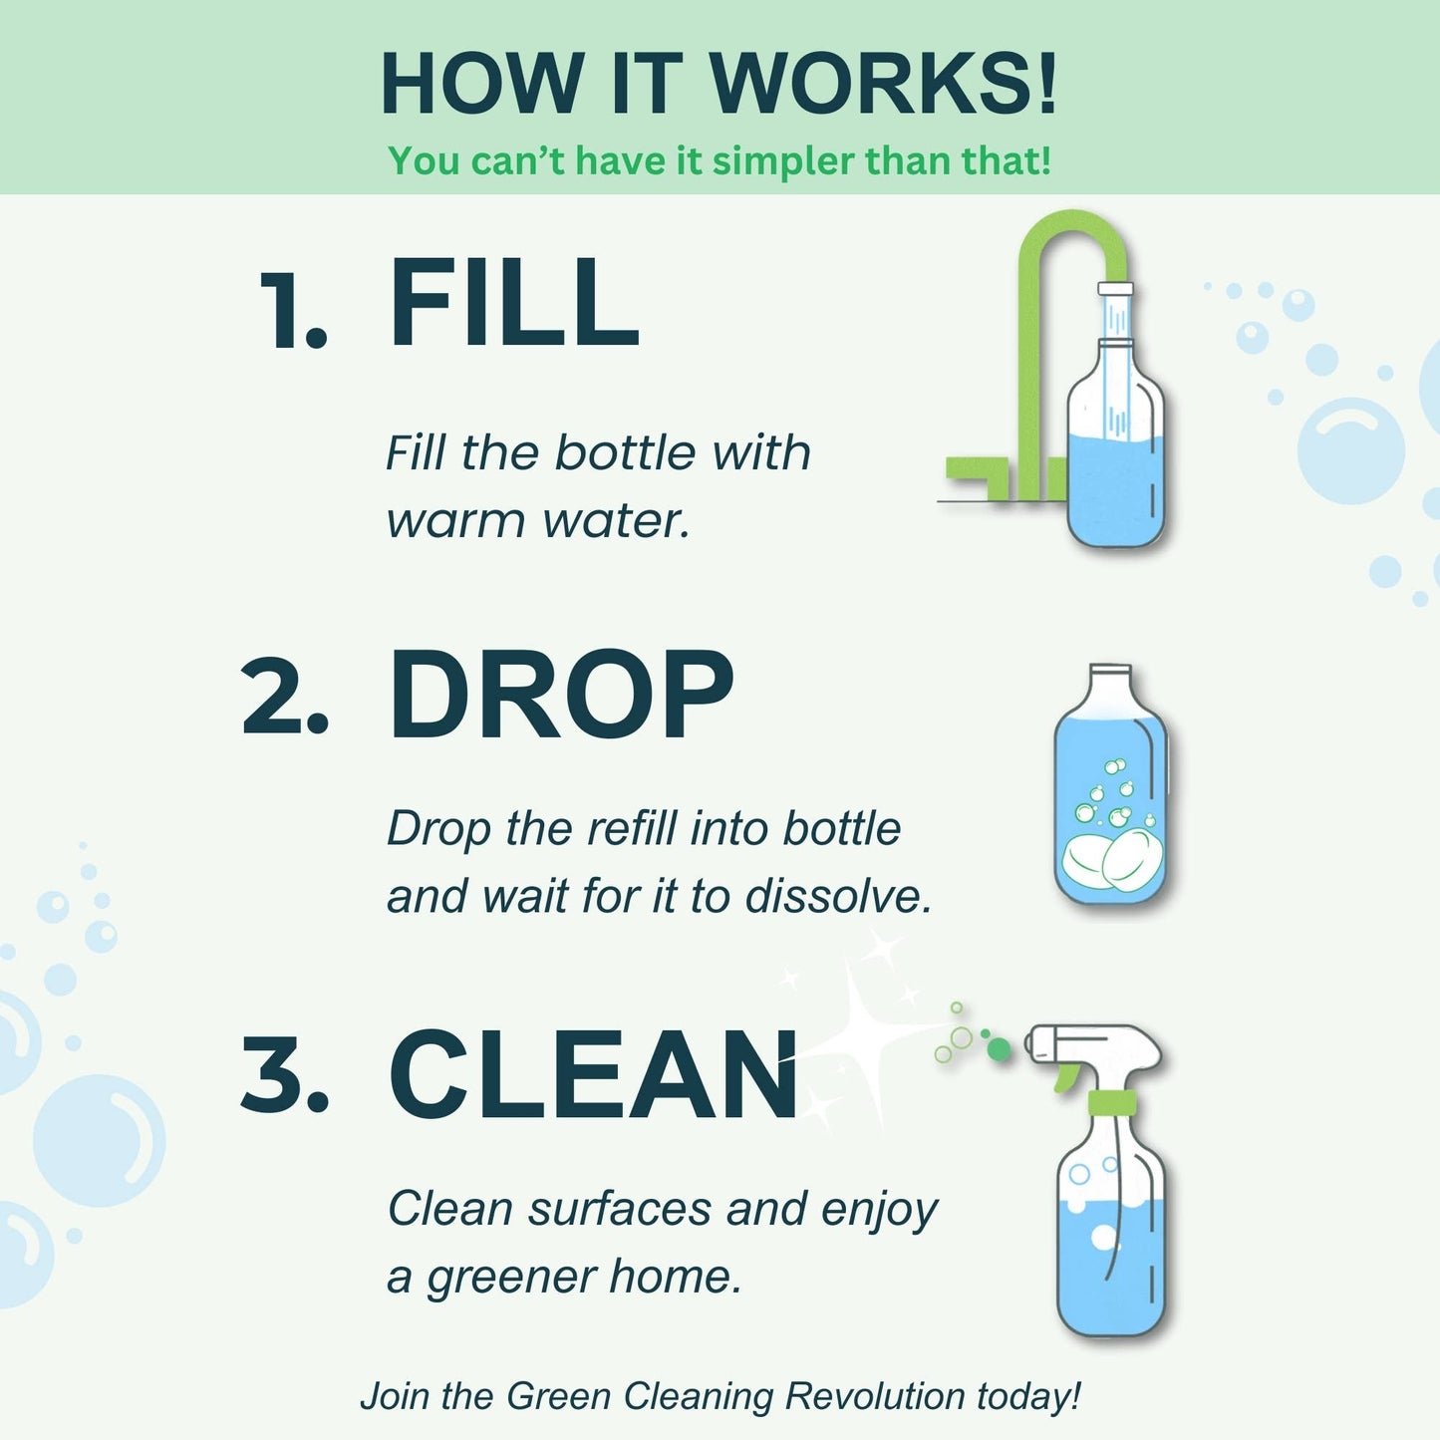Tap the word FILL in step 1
coord(513,303)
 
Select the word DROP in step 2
coord(561,696)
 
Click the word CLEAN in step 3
coord(594,1075)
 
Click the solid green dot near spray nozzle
coord(999,1048)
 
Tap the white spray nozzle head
coord(1096,1044)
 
